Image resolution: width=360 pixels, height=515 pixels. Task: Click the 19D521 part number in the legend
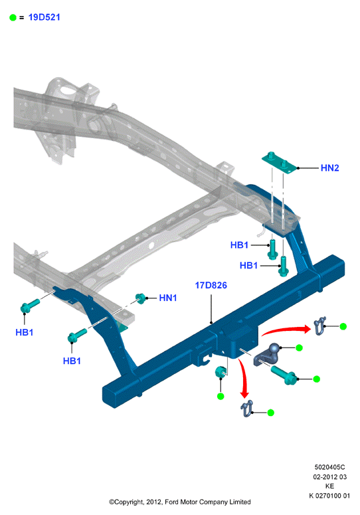(x=45, y=17)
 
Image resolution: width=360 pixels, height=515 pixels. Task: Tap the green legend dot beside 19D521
(x=13, y=18)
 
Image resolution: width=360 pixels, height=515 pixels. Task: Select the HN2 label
(x=329, y=168)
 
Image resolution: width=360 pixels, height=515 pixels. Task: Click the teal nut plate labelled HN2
(x=279, y=163)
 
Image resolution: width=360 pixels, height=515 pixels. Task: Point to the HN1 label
(x=167, y=298)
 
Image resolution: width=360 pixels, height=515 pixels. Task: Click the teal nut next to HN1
(x=141, y=298)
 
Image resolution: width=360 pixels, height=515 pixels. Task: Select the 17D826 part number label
(x=211, y=285)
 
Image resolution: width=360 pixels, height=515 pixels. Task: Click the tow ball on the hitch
(x=274, y=348)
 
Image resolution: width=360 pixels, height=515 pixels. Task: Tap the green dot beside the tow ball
(x=299, y=348)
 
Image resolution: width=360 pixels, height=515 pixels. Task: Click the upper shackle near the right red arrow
(x=319, y=326)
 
